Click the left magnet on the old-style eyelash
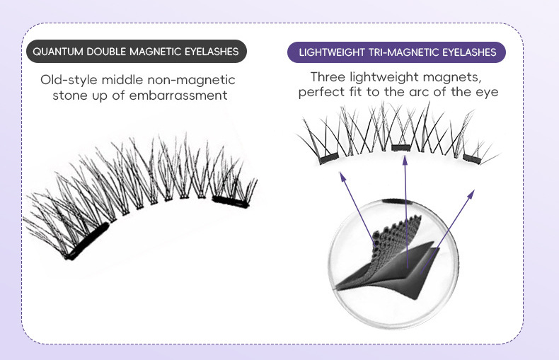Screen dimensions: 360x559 [86, 240]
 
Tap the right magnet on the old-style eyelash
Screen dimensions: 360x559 [231, 201]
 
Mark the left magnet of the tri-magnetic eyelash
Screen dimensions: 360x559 [328, 159]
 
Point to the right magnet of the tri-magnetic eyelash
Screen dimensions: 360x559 [473, 158]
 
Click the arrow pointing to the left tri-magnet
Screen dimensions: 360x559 [359, 205]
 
